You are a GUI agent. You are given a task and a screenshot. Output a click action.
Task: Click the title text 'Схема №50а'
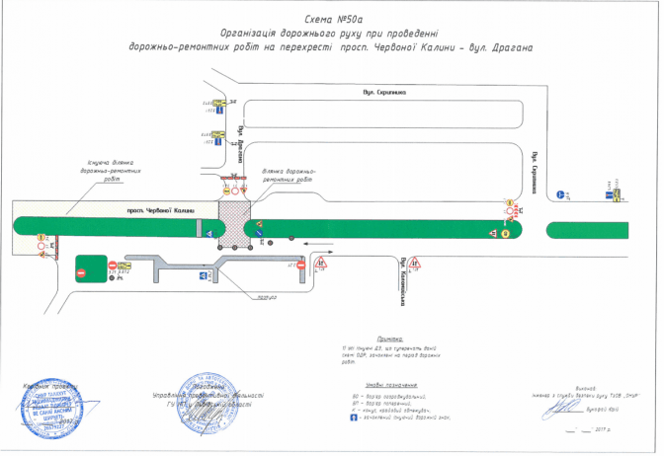[x=330, y=16]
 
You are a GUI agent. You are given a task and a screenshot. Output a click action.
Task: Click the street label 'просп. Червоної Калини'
[x=149, y=210]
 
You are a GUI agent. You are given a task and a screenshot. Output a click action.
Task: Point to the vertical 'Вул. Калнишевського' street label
[x=404, y=275]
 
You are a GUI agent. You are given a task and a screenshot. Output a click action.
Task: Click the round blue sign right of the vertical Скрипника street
[x=561, y=195]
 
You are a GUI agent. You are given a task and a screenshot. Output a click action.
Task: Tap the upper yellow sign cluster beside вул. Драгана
[x=220, y=103]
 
